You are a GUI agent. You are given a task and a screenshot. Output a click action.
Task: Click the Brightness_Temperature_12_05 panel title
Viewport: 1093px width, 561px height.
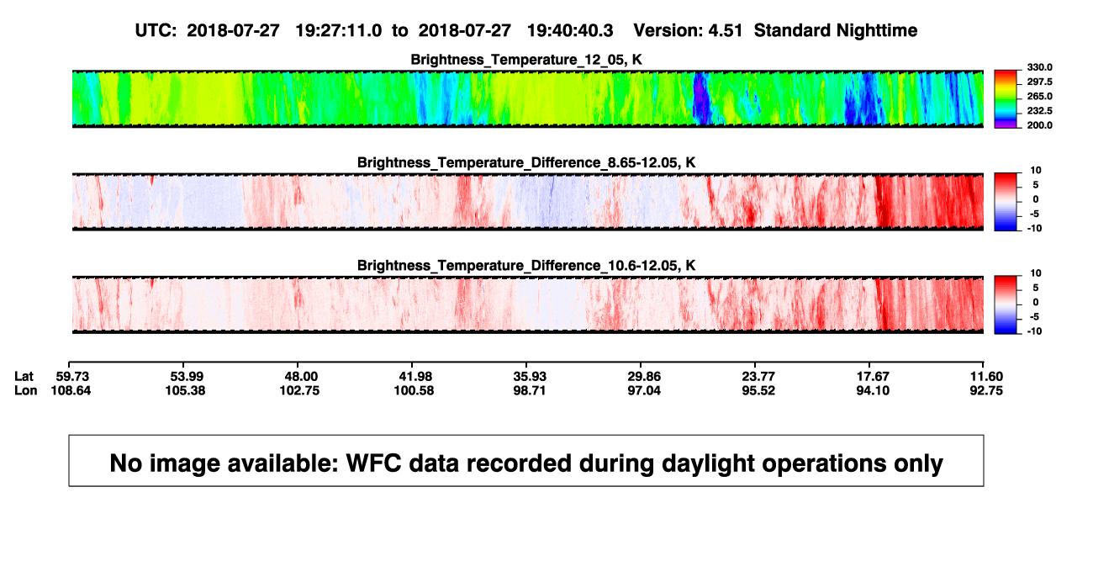(x=526, y=60)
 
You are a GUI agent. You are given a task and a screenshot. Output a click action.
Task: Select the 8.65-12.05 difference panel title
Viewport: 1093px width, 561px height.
(x=526, y=162)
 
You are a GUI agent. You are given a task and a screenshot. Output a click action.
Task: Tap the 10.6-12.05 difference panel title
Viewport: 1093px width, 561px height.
(x=526, y=266)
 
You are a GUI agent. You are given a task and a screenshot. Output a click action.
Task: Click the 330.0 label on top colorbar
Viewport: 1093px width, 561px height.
(x=1039, y=67)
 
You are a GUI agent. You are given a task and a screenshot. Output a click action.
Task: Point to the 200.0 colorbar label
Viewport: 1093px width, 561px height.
(x=1039, y=125)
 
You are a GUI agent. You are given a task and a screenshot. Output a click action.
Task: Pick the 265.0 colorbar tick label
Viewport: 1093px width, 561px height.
(x=1039, y=96)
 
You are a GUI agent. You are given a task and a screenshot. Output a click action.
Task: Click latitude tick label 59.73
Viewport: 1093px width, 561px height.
(x=72, y=377)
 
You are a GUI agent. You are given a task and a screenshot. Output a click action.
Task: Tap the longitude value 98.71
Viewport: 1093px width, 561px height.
(x=530, y=390)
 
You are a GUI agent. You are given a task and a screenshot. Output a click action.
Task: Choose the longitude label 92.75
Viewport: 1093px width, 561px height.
(x=986, y=390)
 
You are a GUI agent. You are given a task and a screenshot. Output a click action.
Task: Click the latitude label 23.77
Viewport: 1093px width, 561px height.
(x=758, y=377)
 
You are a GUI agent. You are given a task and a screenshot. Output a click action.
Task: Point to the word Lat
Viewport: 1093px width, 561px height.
(x=24, y=377)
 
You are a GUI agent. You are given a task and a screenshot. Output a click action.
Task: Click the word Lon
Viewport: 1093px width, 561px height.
(x=25, y=390)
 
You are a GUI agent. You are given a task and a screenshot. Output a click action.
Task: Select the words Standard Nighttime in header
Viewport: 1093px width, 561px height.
(x=836, y=31)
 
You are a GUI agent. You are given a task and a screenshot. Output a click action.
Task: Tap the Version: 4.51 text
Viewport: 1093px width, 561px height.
(x=688, y=31)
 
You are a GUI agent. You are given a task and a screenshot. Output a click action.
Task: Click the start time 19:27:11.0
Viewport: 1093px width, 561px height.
(x=339, y=31)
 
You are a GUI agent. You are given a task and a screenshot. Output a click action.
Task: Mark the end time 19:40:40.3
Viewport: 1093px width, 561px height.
(x=570, y=31)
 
